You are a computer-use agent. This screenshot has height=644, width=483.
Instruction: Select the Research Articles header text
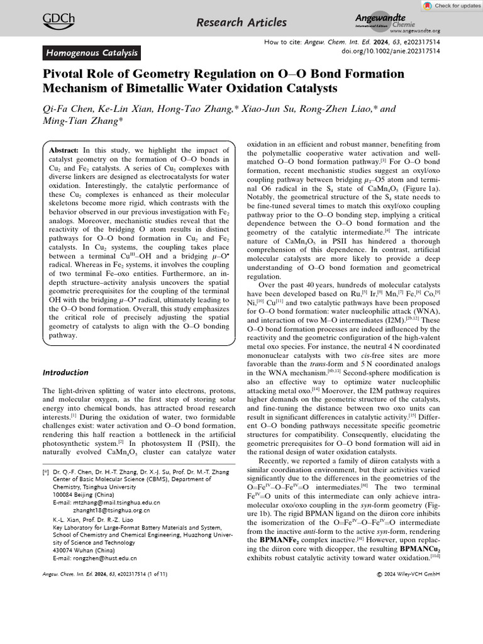click(241, 23)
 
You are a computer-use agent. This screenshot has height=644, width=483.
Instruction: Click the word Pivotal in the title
click(65, 74)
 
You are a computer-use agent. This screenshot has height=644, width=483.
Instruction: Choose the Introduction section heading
click(66, 372)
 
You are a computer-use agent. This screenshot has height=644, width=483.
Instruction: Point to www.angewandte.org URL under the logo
click(414, 30)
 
